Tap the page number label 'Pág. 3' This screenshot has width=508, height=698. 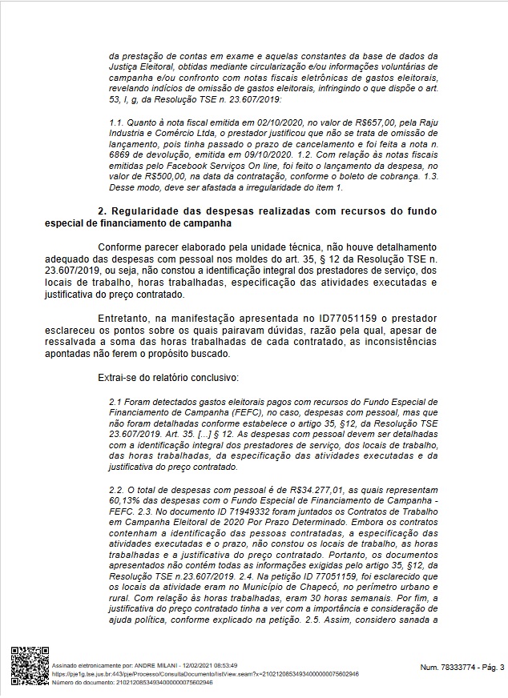(x=488, y=667)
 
